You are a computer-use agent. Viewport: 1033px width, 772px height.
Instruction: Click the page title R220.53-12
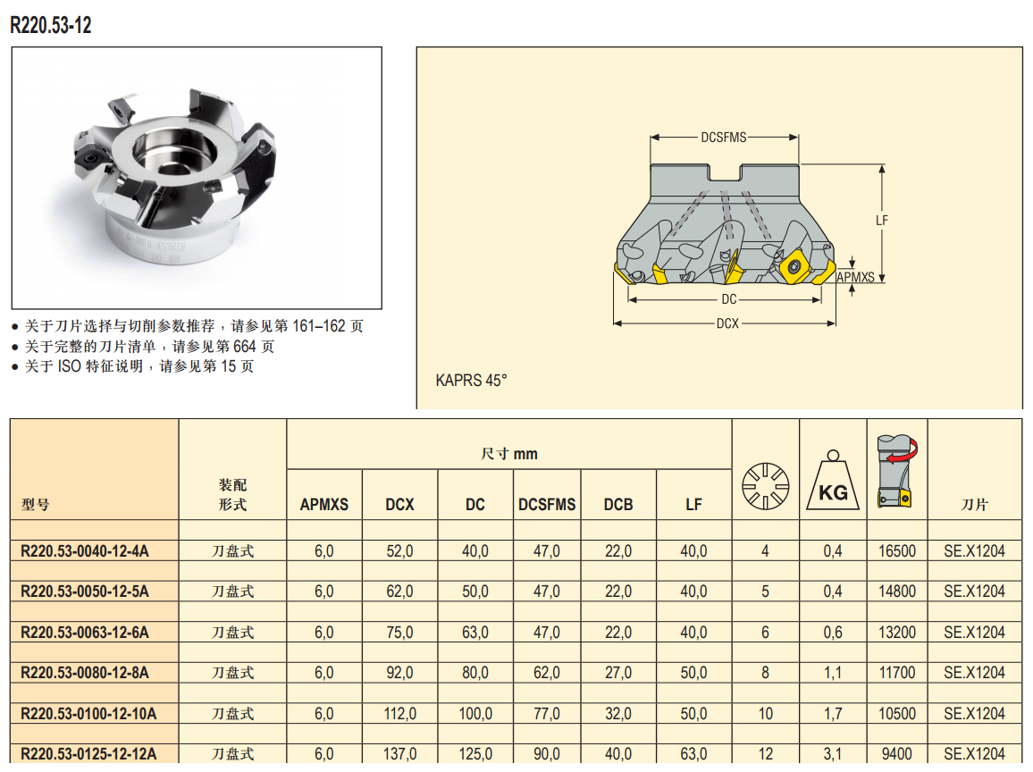pos(51,25)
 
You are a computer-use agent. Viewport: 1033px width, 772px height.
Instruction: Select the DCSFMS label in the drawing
pos(723,137)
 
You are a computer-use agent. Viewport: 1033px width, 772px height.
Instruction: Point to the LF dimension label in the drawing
pos(881,220)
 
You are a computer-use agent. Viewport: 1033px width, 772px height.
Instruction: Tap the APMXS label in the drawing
pos(855,277)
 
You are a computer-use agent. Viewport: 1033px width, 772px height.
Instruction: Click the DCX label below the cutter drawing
pos(727,323)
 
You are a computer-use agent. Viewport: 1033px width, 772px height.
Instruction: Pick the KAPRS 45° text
pos(471,380)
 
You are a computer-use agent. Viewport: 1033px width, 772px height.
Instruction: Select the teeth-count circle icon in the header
pos(765,486)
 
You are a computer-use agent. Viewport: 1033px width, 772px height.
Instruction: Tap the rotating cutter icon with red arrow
pos(896,471)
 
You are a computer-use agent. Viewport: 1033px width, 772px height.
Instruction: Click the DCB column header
pos(618,505)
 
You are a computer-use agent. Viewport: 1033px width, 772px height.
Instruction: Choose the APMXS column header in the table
pos(324,505)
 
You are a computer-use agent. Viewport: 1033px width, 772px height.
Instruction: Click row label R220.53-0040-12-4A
pos(85,551)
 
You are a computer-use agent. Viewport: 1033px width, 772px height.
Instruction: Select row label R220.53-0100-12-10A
pos(88,713)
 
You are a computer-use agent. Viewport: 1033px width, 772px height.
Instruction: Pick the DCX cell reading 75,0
pos(399,633)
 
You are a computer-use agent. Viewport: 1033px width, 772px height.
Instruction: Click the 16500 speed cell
pos(896,551)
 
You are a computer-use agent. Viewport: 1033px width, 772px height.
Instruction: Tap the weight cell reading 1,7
pos(833,713)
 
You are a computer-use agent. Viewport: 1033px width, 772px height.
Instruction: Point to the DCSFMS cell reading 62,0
pos(547,673)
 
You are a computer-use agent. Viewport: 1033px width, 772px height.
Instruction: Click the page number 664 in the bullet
pos(245,347)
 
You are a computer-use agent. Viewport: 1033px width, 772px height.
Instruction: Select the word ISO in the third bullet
pos(69,366)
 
